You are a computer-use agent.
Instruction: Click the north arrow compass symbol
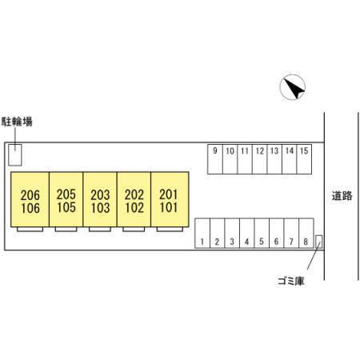pyautogui.click(x=293, y=87)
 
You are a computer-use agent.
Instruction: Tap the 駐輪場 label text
pyautogui.click(x=17, y=122)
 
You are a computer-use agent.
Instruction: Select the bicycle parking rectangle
pyautogui.click(x=15, y=154)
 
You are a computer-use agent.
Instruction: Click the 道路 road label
pyautogui.click(x=342, y=196)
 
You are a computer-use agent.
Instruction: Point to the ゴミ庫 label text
pyautogui.click(x=291, y=281)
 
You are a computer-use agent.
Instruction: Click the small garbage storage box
pyautogui.click(x=318, y=242)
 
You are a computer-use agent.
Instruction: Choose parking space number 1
pyautogui.click(x=202, y=234)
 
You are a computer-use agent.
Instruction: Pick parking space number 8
pyautogui.click(x=306, y=234)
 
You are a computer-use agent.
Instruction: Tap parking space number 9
pyautogui.click(x=215, y=159)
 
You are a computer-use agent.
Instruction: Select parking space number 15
pyautogui.click(x=304, y=159)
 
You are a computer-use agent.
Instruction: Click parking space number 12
pyautogui.click(x=260, y=159)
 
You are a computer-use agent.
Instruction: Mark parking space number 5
pyautogui.click(x=262, y=234)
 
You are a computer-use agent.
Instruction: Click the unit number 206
pyautogui.click(x=30, y=195)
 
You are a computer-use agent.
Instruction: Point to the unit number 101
pyautogui.click(x=169, y=207)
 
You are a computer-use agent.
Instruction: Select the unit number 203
pyautogui.click(x=100, y=195)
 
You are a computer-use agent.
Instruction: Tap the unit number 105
pyautogui.click(x=66, y=207)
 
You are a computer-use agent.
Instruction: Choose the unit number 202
pyautogui.click(x=134, y=194)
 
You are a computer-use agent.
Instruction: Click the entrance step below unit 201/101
pyautogui.click(x=170, y=229)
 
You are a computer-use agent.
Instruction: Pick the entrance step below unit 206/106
pyautogui.click(x=30, y=229)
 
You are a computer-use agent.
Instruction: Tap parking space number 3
pyautogui.click(x=232, y=234)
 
